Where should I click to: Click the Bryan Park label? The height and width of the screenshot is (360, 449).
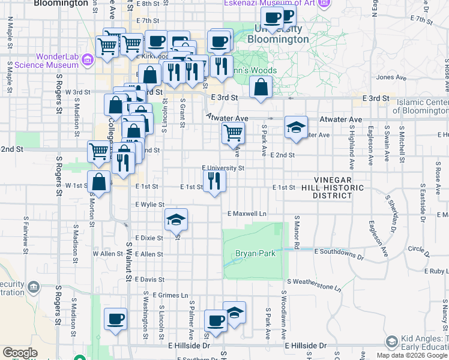(255, 253)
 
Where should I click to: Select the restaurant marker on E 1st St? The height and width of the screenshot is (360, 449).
(214, 181)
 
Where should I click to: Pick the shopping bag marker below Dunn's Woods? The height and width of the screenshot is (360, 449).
(261, 87)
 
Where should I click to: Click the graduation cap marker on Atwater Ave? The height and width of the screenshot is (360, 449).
(296, 127)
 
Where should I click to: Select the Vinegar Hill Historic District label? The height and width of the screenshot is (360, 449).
(339, 187)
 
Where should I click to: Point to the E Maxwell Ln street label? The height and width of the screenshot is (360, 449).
(247, 214)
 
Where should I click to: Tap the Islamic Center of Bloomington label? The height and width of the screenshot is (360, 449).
(421, 107)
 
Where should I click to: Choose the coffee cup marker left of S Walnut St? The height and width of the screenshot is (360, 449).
(115, 319)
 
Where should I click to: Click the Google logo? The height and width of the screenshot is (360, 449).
(20, 353)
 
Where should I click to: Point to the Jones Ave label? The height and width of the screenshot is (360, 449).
(392, 77)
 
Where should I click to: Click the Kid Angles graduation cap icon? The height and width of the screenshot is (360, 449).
(392, 342)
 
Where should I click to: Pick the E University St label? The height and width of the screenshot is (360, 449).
(223, 169)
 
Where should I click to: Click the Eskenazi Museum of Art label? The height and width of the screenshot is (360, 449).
(269, 4)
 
